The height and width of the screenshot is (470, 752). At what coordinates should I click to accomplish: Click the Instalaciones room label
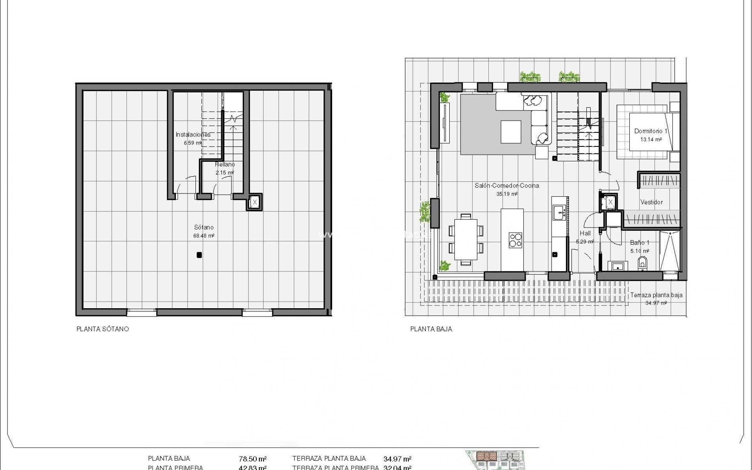click(193, 135)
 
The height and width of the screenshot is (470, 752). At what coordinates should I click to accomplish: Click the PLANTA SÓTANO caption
click(103, 329)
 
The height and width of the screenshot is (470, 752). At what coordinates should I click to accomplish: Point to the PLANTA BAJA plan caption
click(431, 329)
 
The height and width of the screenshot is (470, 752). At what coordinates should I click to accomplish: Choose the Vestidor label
click(651, 202)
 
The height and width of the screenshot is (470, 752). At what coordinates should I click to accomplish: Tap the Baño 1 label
click(640, 243)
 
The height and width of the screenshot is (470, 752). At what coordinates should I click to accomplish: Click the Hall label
click(585, 233)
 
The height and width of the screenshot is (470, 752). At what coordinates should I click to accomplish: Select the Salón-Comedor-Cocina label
click(507, 186)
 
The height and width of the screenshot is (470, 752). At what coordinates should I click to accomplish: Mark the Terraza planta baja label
click(656, 295)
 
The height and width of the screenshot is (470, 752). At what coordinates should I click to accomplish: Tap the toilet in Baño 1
click(642, 262)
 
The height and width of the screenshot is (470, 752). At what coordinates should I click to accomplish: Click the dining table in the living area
click(466, 239)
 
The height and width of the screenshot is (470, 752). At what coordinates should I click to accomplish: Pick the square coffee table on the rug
click(511, 132)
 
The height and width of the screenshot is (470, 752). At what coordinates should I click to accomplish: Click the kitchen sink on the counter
click(558, 213)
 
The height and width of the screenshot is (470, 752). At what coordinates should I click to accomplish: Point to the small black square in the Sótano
click(199, 255)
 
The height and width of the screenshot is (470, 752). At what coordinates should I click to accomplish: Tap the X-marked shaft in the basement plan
click(255, 202)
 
